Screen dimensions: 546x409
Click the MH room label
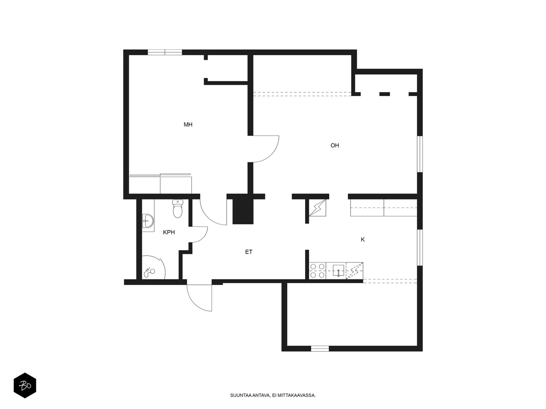[x=188, y=125]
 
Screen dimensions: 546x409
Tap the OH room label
[x=334, y=146]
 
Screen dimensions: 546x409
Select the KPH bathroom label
[x=169, y=232]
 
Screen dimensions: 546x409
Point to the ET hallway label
[x=249, y=252]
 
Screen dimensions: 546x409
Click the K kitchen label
[x=363, y=240]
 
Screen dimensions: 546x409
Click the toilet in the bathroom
[x=177, y=209]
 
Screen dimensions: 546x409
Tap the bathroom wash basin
[x=148, y=221]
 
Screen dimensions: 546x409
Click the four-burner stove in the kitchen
[x=317, y=271]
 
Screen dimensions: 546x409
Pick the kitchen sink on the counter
[x=338, y=271]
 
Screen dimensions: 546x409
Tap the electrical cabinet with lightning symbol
[x=317, y=208]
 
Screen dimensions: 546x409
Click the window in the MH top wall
[x=165, y=52]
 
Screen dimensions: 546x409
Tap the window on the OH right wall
[x=420, y=154]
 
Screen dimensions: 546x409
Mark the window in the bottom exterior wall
[x=320, y=349]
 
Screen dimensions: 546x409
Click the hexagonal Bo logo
[x=25, y=385]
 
